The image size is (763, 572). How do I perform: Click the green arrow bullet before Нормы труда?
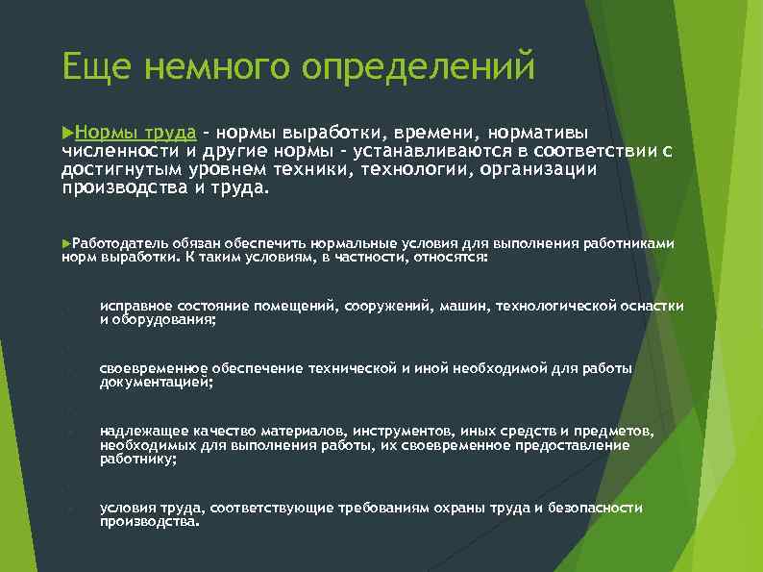[x=67, y=130]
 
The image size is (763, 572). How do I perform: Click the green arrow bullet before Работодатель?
[x=65, y=244]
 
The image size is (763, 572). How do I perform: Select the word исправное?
[x=131, y=306]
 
